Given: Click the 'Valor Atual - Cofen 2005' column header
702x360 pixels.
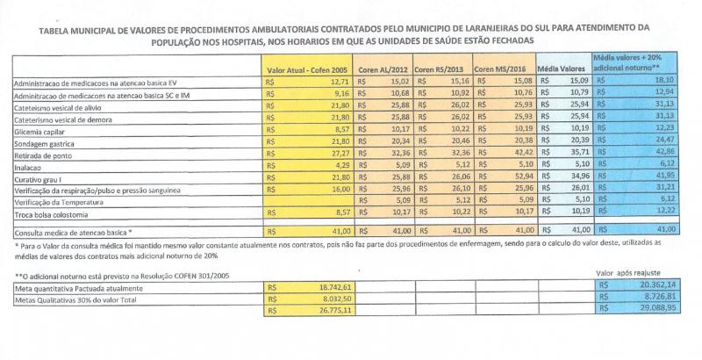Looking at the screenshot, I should tap(308, 68).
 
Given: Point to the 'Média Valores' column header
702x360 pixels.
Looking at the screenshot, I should tap(562, 68).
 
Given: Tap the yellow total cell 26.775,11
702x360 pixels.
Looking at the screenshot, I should tap(333, 311).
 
